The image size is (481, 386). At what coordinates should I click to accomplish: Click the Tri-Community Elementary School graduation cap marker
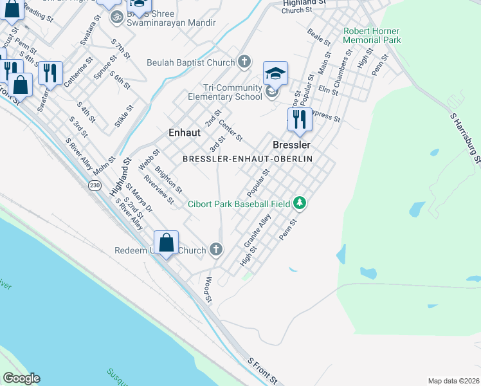(275, 73)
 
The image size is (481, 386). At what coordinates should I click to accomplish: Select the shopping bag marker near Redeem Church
(166, 243)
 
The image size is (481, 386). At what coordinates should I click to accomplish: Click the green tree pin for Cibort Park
(299, 204)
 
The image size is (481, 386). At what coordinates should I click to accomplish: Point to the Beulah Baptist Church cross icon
(244, 62)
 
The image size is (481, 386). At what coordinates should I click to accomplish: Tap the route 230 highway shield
(95, 185)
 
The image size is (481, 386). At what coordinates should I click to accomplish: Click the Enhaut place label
(184, 133)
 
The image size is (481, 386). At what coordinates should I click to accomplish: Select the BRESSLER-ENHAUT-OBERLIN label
(248, 158)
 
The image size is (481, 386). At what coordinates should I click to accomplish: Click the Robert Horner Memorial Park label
(372, 35)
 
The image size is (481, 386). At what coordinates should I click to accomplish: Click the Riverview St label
(159, 190)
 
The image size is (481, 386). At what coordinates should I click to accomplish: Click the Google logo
(21, 378)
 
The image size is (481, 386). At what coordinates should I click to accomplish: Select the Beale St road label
(318, 37)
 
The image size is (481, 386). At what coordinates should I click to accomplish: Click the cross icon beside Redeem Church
(216, 249)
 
